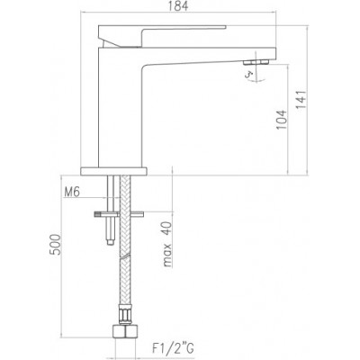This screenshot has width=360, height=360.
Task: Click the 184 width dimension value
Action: pyautogui.click(x=178, y=6)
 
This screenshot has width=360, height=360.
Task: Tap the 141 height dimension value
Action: pyautogui.click(x=301, y=100)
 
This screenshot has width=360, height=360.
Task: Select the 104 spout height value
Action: pyautogui.click(x=282, y=120)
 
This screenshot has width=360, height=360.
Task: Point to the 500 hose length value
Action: pyautogui.click(x=55, y=245)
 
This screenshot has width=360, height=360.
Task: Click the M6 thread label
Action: pyautogui.click(x=72, y=192)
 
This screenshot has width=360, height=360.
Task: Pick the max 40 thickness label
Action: pyautogui.click(x=167, y=244)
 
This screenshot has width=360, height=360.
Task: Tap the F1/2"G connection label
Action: pyautogui.click(x=173, y=348)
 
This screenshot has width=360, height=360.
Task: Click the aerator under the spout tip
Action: pyautogui.click(x=256, y=62)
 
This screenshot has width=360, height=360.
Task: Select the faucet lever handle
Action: pyautogui.click(x=162, y=36)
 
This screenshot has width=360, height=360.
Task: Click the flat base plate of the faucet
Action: pyautogui.click(x=113, y=171)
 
